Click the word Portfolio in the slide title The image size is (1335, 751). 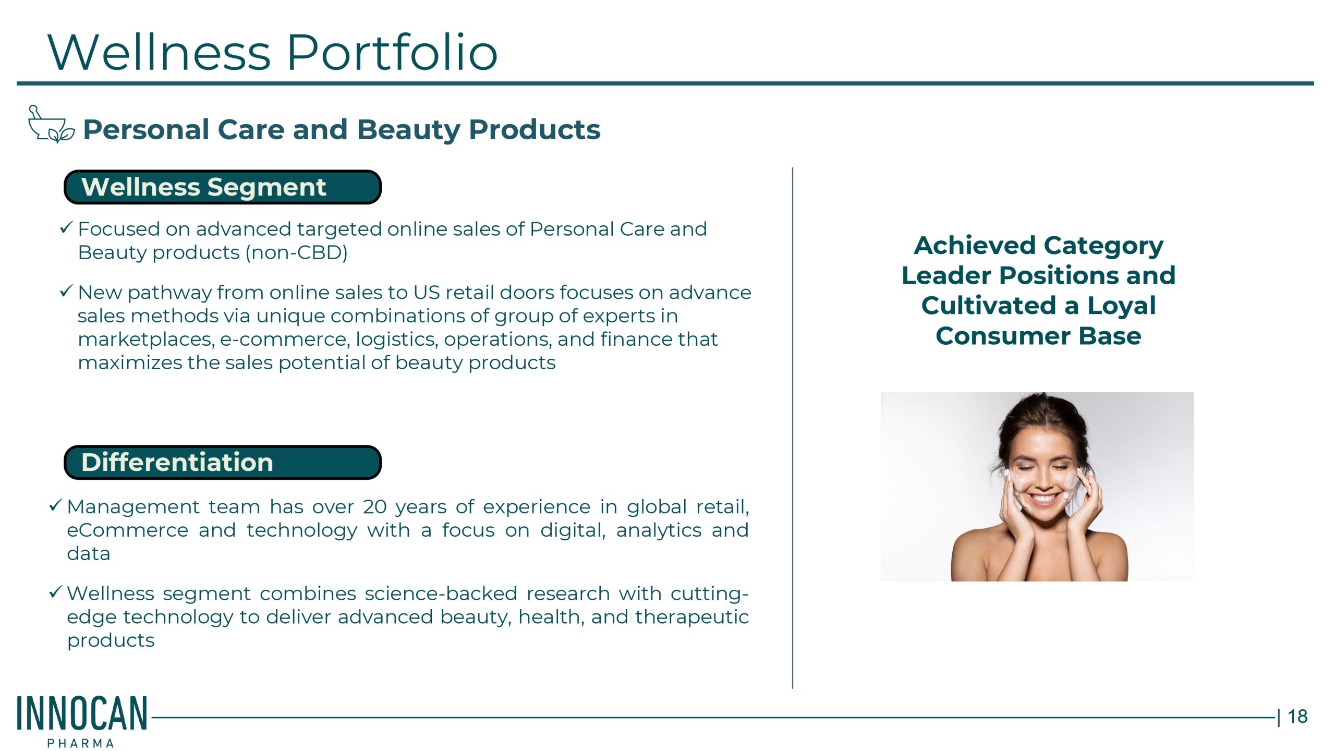click(x=392, y=52)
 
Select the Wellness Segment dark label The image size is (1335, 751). click(x=223, y=187)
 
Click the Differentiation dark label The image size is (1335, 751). click(x=223, y=462)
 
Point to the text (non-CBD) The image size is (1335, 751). click(x=297, y=252)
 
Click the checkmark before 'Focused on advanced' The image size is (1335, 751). click(x=66, y=227)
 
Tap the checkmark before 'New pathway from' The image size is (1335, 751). click(x=66, y=291)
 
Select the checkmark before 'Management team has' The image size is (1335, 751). click(x=56, y=505)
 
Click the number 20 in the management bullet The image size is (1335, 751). click(x=375, y=507)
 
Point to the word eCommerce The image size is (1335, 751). click(x=128, y=530)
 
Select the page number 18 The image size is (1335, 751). click(x=1297, y=717)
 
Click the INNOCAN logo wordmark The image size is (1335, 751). click(x=82, y=713)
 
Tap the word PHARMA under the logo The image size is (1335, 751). click(x=81, y=743)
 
